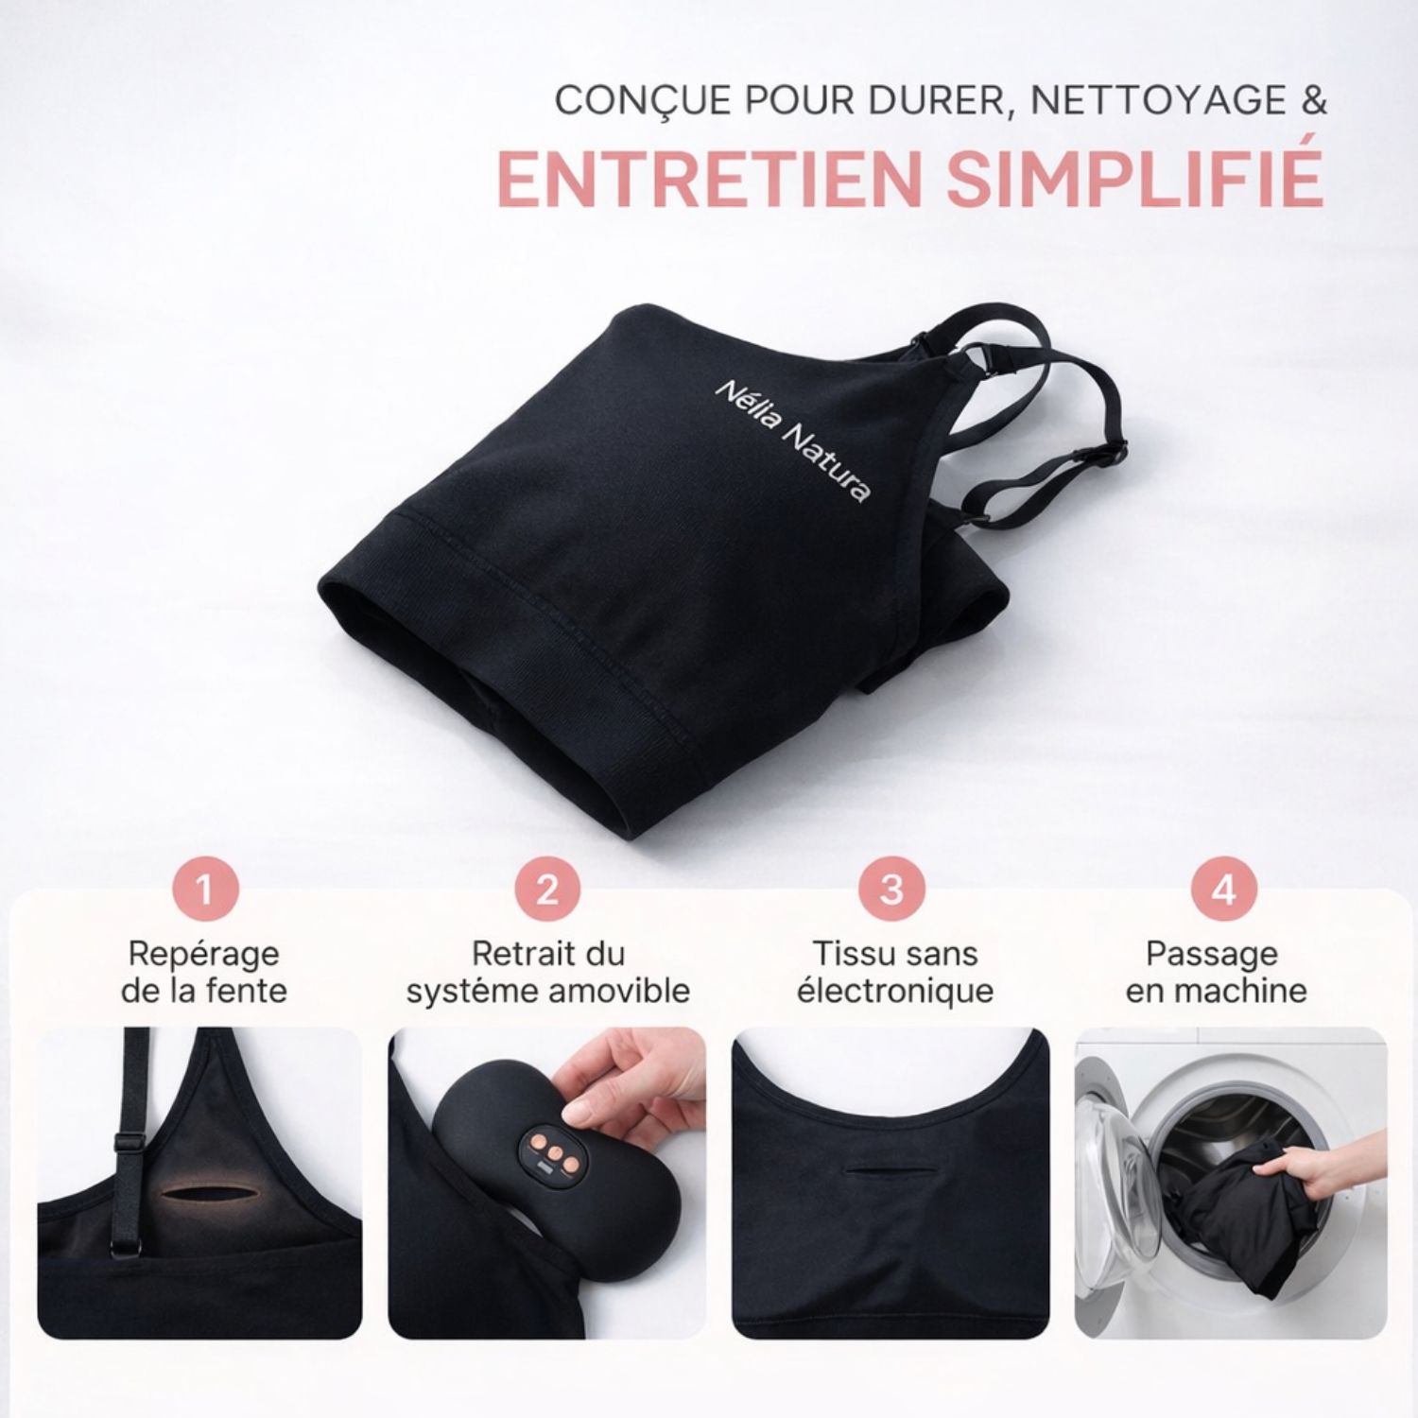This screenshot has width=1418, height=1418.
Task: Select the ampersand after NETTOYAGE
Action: coord(1315,100)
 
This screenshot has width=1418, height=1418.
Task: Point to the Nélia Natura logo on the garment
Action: coord(792,441)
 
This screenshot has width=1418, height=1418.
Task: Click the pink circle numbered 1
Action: coord(205,889)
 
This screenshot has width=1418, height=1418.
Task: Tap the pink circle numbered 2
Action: coord(547,889)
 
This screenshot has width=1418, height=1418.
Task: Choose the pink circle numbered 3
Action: coord(891,889)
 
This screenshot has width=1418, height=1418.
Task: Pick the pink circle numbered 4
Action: coord(1223,889)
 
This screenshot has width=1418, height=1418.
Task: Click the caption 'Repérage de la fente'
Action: coord(204,972)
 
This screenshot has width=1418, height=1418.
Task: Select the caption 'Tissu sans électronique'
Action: coord(895,972)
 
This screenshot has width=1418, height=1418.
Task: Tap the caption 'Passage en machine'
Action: coord(1216,972)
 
